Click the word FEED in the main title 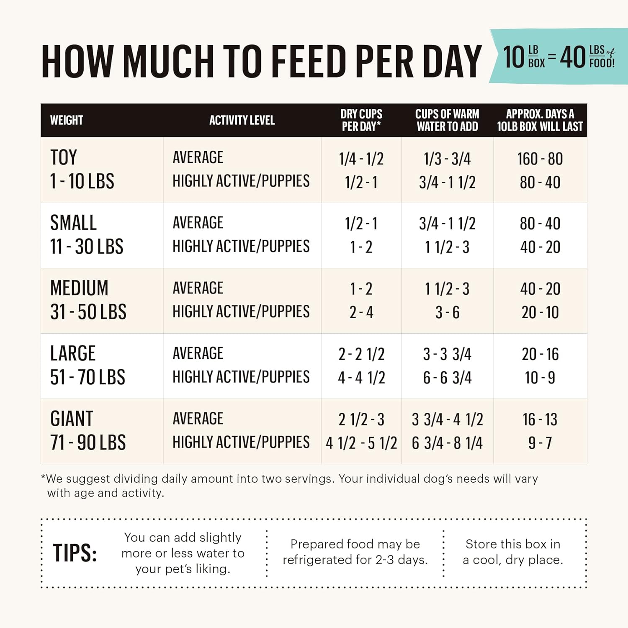pos(309,62)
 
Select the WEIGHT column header pos(67,120)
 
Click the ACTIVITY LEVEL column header pos(242,120)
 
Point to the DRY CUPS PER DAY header pos(361,120)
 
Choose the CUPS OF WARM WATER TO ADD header pos(447,120)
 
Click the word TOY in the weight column pos(64,158)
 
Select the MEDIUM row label pos(79,288)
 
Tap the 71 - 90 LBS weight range pos(88,443)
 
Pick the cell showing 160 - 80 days pos(540,159)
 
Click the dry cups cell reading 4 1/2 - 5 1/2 pos(361,443)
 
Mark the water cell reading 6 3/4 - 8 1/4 pos(447,443)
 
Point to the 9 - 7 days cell pos(540,443)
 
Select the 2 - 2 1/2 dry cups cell pos(361,354)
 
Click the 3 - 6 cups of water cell pos(447,312)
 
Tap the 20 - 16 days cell pos(540,354)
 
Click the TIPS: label pos(75,553)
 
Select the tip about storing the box pos(512,552)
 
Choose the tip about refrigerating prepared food pos(355,552)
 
